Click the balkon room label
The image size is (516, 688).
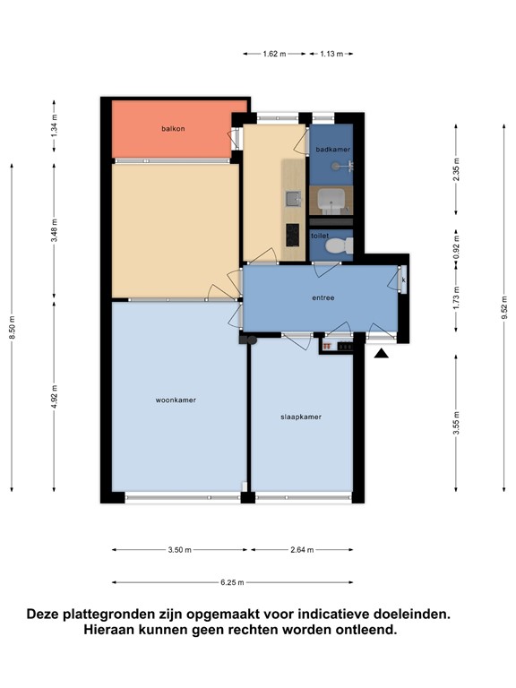173,129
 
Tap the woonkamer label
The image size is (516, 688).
176,400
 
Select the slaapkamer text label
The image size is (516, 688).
301,417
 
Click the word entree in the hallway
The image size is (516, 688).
322,297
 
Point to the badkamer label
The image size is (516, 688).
333,150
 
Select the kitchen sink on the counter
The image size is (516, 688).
293,199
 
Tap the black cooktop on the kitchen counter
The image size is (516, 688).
293,235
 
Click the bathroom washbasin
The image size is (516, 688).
331,200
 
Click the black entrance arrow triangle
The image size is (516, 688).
381,353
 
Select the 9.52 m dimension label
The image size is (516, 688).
504,307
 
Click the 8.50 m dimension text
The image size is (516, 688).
13,327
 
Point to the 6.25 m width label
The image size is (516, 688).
232,582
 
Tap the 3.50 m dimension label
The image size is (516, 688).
179,550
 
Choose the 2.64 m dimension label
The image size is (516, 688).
302,550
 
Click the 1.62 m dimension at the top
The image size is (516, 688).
274,54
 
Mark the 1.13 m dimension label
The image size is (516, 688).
331,54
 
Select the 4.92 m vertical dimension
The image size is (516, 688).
55,397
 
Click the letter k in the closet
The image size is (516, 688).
404,279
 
